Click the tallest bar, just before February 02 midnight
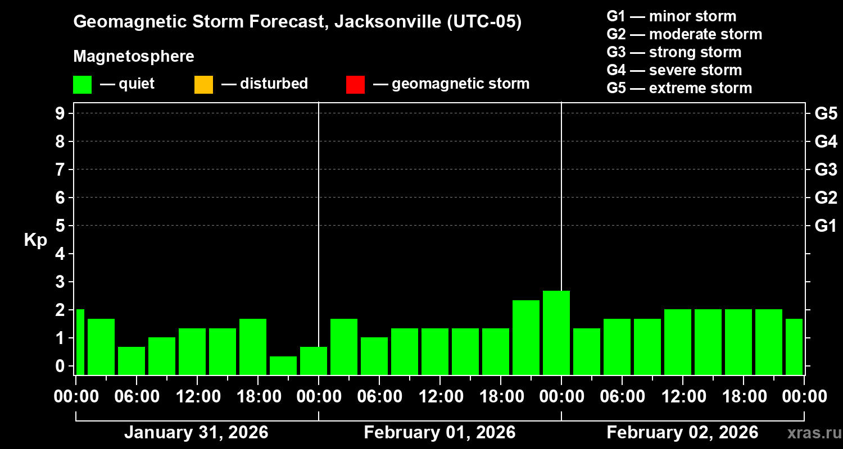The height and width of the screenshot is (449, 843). [556, 332]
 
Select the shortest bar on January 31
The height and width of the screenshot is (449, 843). [283, 365]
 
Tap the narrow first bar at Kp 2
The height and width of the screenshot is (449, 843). [80, 342]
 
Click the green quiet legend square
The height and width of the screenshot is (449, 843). [82, 85]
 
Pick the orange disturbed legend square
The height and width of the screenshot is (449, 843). [203, 85]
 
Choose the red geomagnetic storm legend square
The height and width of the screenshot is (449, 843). [355, 85]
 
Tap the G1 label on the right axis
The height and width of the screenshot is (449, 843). [826, 226]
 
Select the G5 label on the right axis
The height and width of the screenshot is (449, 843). [826, 114]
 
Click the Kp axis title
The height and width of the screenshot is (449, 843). [35, 240]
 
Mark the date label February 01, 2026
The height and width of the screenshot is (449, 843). [439, 433]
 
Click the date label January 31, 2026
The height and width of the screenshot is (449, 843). [196, 433]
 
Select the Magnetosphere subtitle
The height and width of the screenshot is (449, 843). [134, 57]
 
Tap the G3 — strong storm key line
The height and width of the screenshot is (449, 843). [674, 52]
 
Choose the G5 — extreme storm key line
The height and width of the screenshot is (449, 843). [679, 88]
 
